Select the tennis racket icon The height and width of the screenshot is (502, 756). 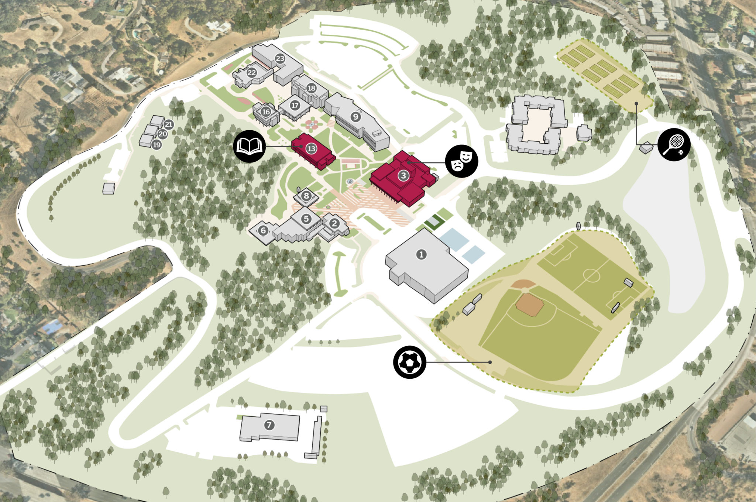point(674,144)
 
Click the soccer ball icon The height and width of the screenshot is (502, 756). point(410,362)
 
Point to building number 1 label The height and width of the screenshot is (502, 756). point(421,254)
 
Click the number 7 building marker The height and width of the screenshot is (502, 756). point(269,425)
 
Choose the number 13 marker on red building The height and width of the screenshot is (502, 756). point(311,149)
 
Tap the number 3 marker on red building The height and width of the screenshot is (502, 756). point(403,176)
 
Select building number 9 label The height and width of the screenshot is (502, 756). point(355,117)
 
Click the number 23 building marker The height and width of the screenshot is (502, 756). point(280,58)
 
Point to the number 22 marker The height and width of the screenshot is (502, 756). point(252,73)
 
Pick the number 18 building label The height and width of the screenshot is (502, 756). point(312,88)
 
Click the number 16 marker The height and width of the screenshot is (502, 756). point(266,111)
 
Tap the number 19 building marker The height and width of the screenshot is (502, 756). point(157,145)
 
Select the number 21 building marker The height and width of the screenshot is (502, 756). point(169,125)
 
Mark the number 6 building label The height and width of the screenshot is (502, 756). point(263,231)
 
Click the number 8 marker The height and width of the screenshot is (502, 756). point(306,196)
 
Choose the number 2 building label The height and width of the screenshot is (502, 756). point(334,223)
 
